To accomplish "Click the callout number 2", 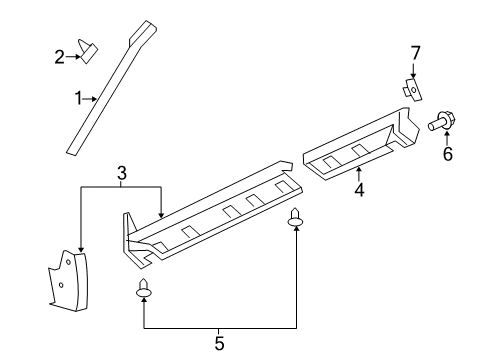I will [59, 57].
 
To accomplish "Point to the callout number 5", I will [219, 343].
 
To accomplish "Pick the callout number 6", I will [447, 155].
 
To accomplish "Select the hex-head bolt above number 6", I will [441, 124].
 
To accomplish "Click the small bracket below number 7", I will [410, 88].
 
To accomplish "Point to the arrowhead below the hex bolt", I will [446, 139].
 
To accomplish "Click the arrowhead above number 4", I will [357, 169].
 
